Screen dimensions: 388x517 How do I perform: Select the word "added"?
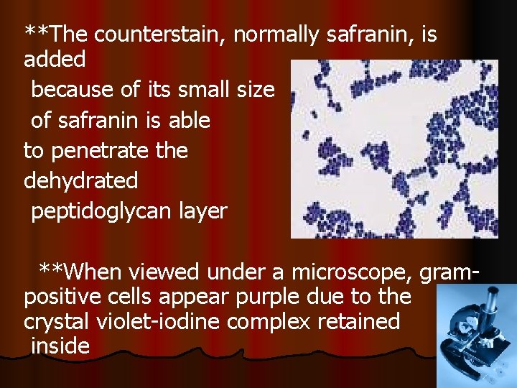[55, 59]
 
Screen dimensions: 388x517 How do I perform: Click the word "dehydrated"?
[80, 180]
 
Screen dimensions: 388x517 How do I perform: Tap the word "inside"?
[60, 346]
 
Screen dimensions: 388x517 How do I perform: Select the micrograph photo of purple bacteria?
[393, 149]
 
